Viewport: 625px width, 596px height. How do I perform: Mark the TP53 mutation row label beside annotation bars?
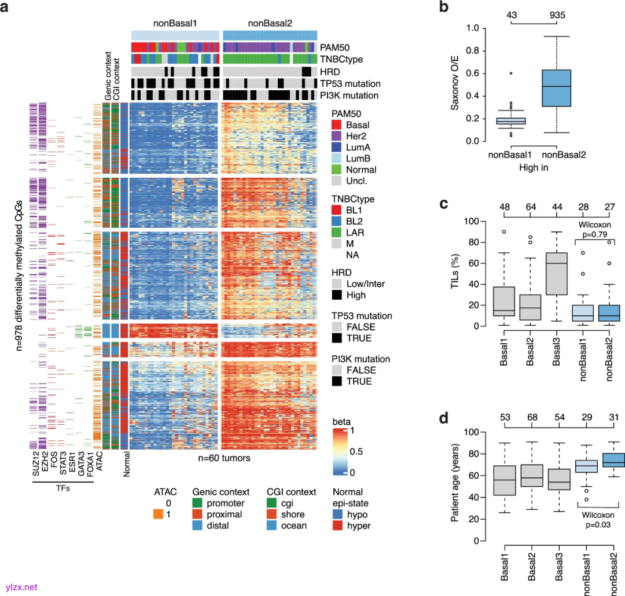pyautogui.click(x=351, y=83)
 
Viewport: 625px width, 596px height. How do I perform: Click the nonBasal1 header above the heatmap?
pyautogui.click(x=175, y=24)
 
